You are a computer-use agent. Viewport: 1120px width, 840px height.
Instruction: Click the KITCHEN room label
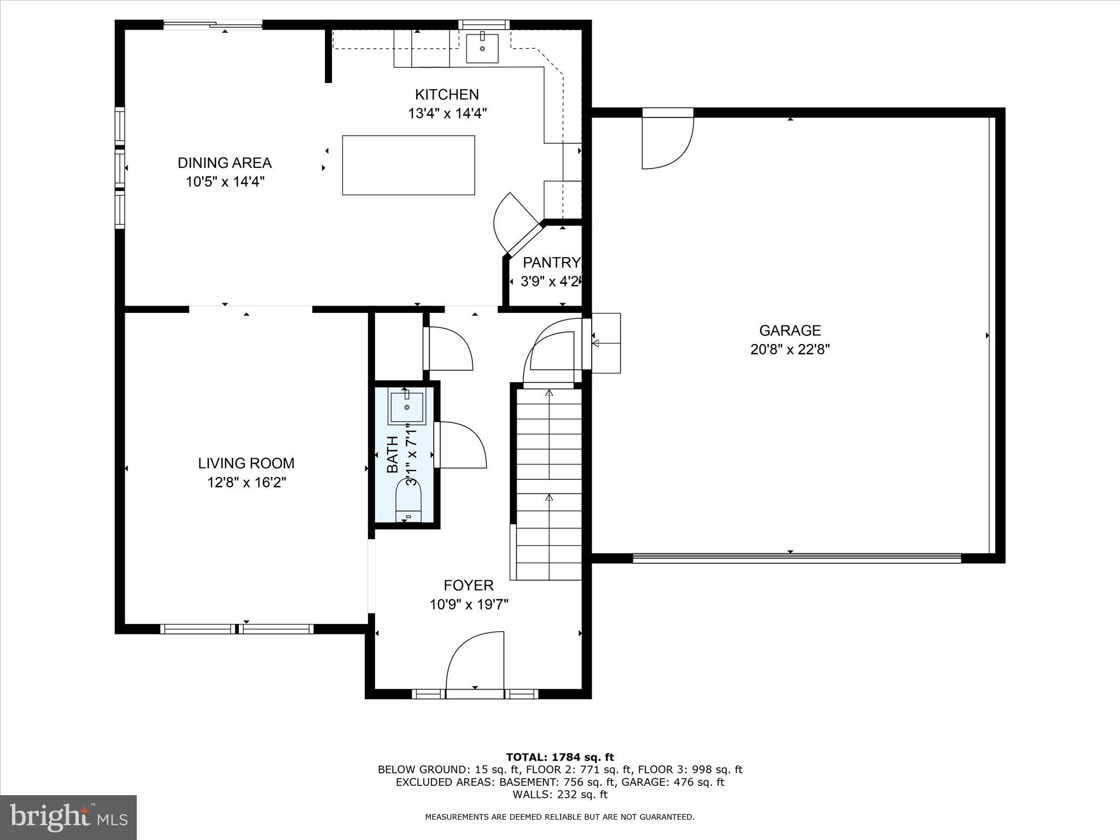(447, 95)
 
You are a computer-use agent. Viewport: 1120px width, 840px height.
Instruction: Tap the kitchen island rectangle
(408, 165)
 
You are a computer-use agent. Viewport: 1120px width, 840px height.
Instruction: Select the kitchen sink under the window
(482, 48)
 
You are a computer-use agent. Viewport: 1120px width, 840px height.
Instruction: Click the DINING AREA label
(224, 162)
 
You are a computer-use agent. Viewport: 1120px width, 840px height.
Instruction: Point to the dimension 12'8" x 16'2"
(246, 482)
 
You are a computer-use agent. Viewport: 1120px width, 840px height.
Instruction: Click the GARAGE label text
(790, 330)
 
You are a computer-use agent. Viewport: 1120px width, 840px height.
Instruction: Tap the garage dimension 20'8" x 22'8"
(790, 349)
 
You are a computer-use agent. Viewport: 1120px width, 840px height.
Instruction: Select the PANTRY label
(551, 262)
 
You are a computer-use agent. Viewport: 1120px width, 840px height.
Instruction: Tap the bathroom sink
(406, 407)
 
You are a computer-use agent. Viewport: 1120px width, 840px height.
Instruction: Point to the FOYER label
(468, 586)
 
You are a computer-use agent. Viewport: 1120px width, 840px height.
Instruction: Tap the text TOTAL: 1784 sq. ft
(559, 757)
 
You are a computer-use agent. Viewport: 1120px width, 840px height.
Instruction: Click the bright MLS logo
(68, 818)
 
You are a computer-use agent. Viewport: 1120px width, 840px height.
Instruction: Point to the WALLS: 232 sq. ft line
(559, 794)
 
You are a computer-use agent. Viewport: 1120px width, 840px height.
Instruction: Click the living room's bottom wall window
(236, 629)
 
